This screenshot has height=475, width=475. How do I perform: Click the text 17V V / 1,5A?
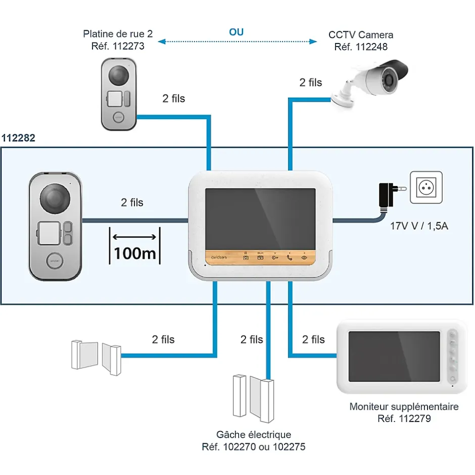click(x=419, y=226)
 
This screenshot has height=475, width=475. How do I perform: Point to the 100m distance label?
click(x=135, y=252)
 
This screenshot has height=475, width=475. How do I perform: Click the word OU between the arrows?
click(x=236, y=32)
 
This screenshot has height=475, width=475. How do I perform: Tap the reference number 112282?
click(x=19, y=138)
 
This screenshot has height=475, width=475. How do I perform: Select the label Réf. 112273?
click(x=118, y=46)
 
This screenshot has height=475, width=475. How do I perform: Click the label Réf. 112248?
click(x=361, y=46)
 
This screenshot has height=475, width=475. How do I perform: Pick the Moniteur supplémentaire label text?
click(x=404, y=407)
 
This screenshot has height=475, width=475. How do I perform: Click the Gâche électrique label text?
click(x=254, y=435)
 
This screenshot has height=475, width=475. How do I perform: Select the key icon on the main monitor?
click(x=275, y=257)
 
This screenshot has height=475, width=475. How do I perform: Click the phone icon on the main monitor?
click(x=290, y=257)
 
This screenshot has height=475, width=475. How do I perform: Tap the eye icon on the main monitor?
click(x=304, y=257)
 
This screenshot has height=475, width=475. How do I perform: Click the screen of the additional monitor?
click(x=395, y=356)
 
